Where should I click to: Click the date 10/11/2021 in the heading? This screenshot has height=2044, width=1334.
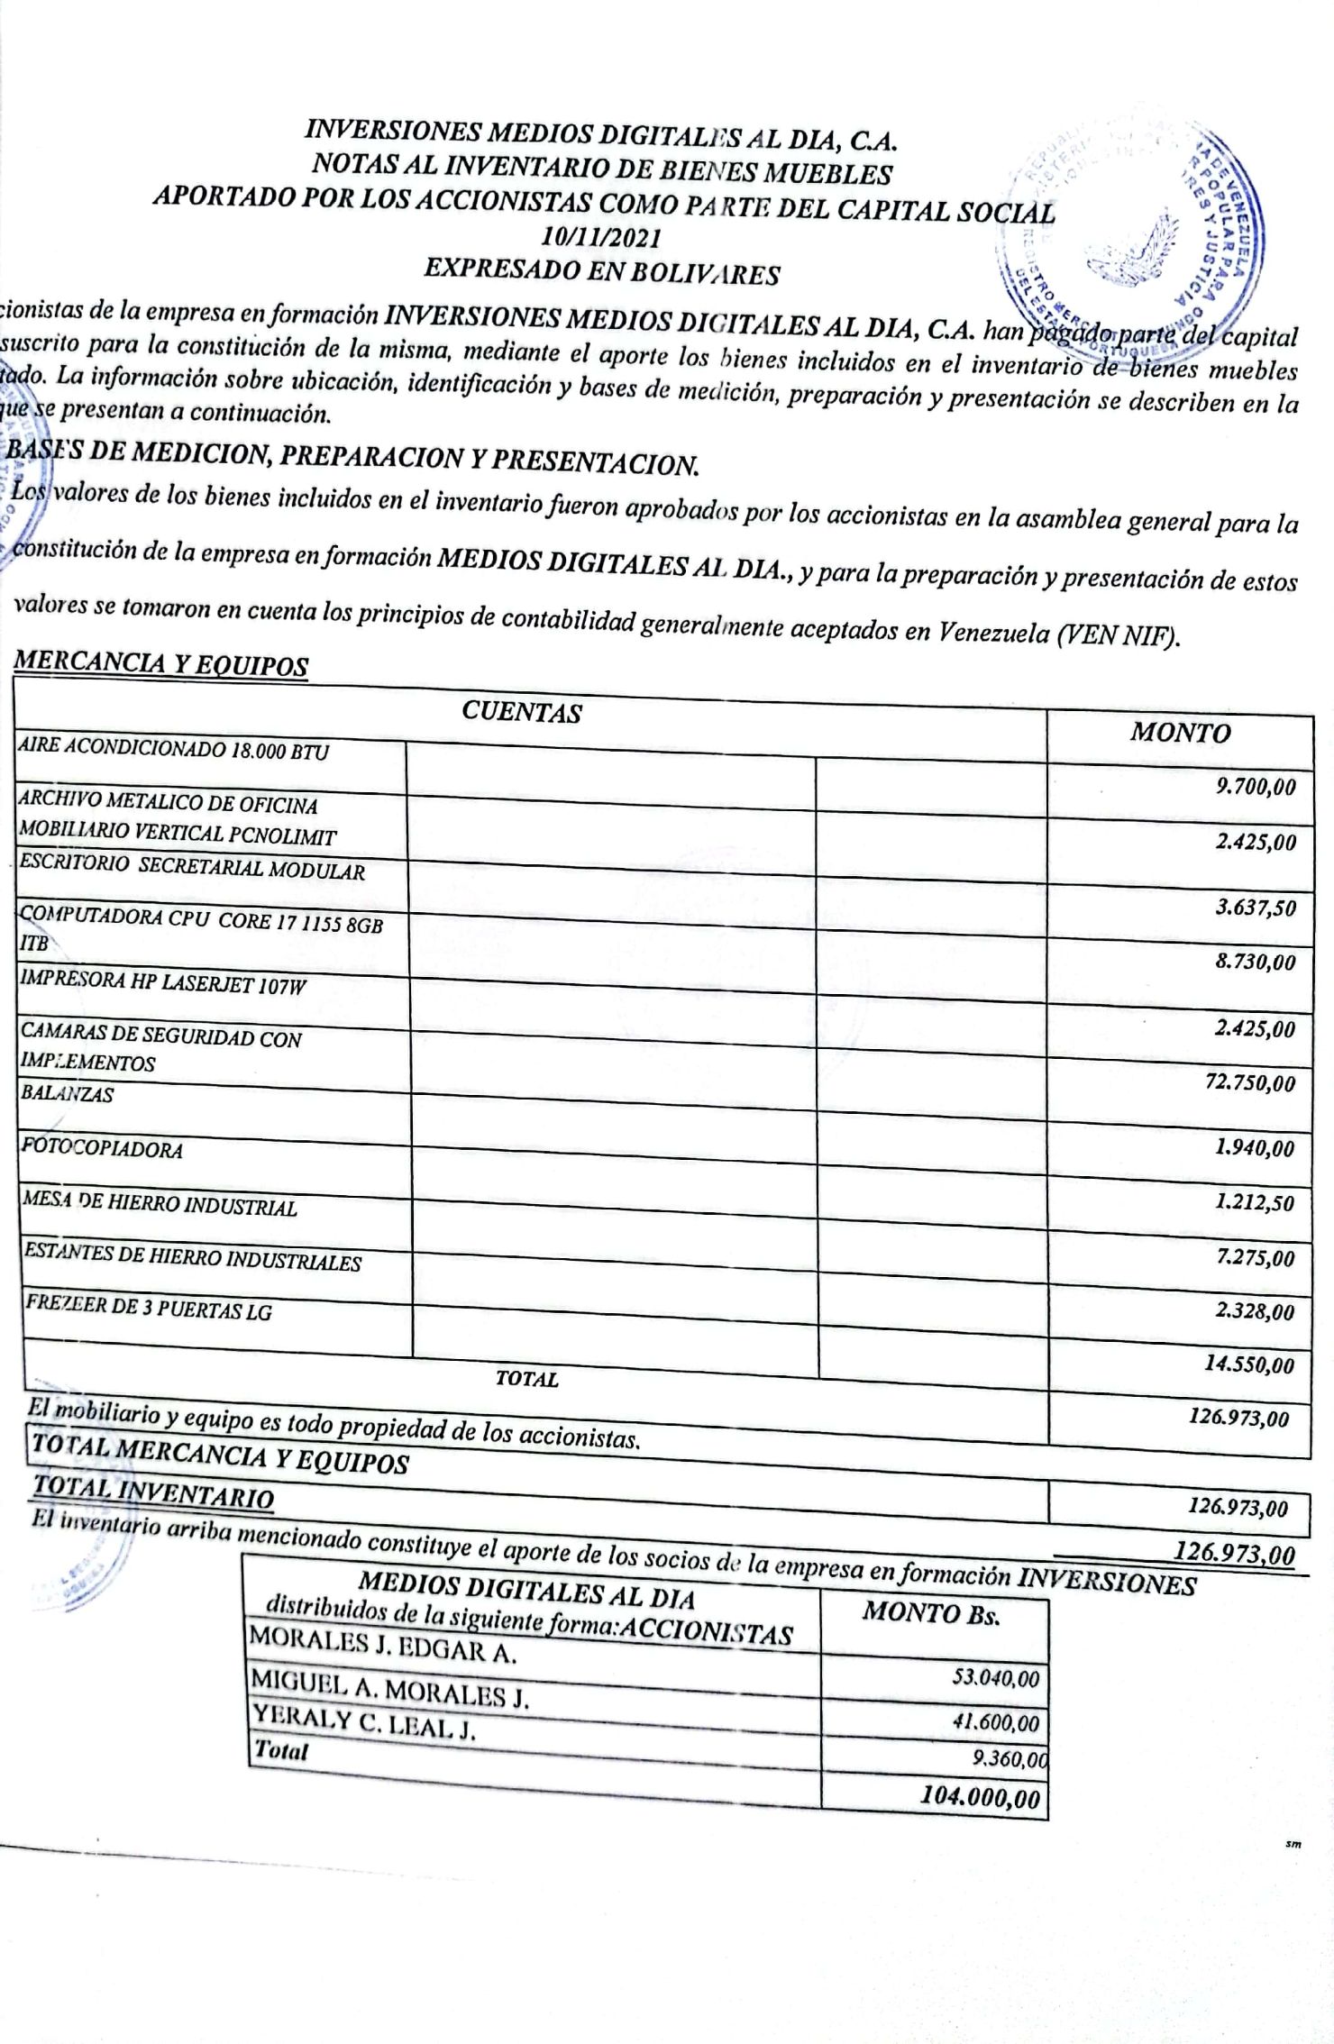[601, 239]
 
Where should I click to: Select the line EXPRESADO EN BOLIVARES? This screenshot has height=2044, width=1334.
[601, 271]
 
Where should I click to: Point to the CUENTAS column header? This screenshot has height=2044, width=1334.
[521, 713]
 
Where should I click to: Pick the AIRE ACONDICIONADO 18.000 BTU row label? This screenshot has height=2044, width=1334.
[174, 749]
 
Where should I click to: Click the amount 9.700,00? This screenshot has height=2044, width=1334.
[1255, 788]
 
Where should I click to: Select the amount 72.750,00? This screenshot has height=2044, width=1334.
[1249, 1082]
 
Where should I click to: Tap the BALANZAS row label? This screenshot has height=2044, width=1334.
[68, 1094]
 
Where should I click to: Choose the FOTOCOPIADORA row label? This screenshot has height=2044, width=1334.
[104, 1149]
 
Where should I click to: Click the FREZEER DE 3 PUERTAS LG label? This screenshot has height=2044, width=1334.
[149, 1309]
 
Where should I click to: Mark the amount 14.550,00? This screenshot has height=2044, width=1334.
[1249, 1364]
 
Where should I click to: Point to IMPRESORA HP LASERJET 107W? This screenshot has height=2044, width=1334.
[163, 984]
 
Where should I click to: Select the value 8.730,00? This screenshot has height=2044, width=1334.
[1255, 962]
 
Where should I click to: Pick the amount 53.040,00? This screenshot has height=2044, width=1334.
[995, 1678]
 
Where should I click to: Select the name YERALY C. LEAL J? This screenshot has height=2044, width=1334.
[363, 1723]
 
